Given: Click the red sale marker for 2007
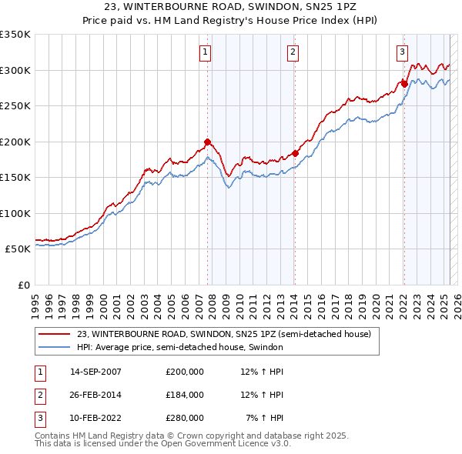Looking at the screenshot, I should coord(207,142).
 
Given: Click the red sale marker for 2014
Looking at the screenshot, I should coord(295,153).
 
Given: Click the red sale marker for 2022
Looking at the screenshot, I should coord(404,84).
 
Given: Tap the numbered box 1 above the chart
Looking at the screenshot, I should coord(206,52).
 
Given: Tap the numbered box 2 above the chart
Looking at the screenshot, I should coord(293,52).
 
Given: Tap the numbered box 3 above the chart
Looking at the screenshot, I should coord(402,52).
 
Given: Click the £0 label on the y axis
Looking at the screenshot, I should coord(23,285).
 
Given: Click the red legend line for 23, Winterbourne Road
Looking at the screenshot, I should coord(54,335).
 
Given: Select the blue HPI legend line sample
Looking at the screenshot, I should coord(54,347).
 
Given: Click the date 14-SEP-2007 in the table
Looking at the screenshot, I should coord(95,372).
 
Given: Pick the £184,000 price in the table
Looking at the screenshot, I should coord(185,395).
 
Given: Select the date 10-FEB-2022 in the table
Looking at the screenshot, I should coord(95,418).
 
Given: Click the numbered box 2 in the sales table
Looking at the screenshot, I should coord(38,395).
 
